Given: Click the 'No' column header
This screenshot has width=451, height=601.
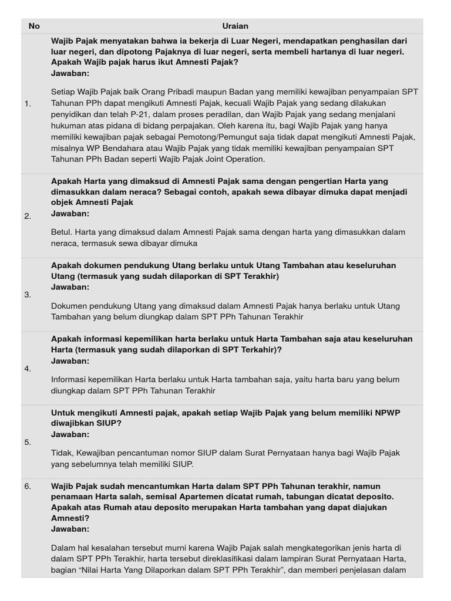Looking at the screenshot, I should tap(34, 26).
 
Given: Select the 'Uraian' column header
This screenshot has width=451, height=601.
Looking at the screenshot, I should tap(235, 26).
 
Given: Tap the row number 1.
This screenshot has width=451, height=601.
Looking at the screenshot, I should tap(28, 104).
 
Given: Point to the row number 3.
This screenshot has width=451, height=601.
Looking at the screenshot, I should tap(28, 295).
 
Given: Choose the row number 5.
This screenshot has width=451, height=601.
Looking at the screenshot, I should tap(28, 442).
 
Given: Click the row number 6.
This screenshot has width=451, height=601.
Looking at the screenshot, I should tap(28, 486).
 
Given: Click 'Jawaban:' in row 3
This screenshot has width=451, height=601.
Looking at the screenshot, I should tap(70, 287).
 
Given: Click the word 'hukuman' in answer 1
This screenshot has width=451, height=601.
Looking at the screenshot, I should tap(67, 126).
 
